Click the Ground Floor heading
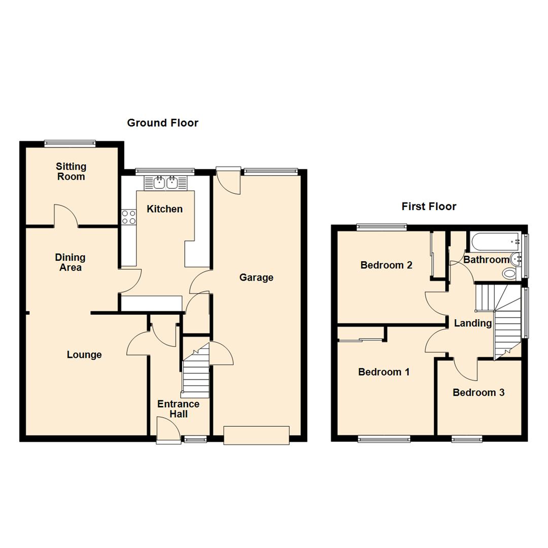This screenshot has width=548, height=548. pyautogui.click(x=162, y=123)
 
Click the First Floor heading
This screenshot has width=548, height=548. pyautogui.click(x=429, y=207)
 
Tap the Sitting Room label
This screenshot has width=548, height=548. pyautogui.click(x=71, y=172)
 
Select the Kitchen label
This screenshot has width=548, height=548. pyautogui.click(x=164, y=209)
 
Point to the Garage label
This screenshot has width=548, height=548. pyautogui.click(x=256, y=278)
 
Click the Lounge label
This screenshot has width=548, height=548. pyautogui.click(x=84, y=355)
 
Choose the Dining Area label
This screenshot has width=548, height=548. pyautogui.click(x=70, y=262)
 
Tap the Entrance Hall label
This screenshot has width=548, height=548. pyautogui.click(x=178, y=409)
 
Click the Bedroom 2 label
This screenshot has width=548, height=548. pyautogui.click(x=386, y=265)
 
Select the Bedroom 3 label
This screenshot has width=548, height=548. pyautogui.click(x=478, y=393)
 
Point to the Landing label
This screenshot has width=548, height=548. pyautogui.click(x=472, y=324)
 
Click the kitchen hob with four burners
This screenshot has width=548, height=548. pyautogui.click(x=128, y=217)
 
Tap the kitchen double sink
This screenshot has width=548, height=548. pyautogui.click(x=165, y=183)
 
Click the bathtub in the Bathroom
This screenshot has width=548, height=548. pyautogui.click(x=496, y=242)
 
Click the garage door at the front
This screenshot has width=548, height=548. pyautogui.click(x=257, y=435)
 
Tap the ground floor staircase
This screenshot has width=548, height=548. pyautogui.click(x=196, y=370)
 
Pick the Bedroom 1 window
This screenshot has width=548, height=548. pyautogui.click(x=384, y=438)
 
